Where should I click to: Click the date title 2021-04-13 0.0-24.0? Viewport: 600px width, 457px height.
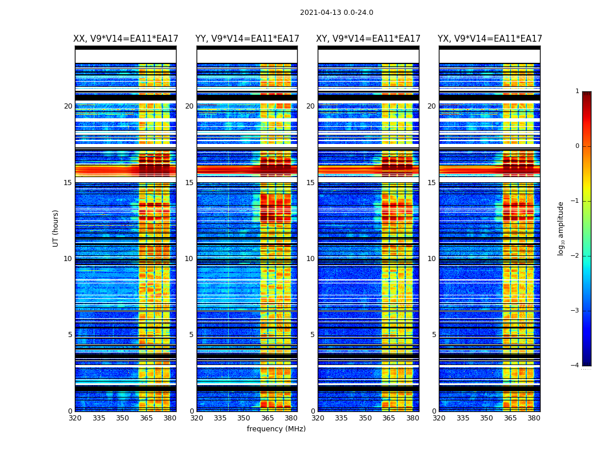pos(337,13)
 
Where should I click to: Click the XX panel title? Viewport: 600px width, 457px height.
pos(126,39)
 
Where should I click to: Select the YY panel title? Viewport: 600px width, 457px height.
pos(247,39)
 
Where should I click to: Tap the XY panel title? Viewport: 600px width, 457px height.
pos(369,39)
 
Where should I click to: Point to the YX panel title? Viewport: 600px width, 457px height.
pos(490,39)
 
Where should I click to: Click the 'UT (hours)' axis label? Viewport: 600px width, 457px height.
pos(55,228)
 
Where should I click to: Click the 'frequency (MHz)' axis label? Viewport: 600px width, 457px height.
pos(276,429)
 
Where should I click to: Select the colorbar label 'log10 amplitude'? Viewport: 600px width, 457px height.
pos(561,228)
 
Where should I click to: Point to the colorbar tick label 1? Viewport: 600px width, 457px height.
pos(577,91)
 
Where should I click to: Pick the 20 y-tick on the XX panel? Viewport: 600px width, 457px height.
pos(68,106)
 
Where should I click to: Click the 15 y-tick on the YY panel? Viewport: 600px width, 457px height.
pos(189,183)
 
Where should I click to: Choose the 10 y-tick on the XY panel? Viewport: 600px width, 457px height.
pos(310,259)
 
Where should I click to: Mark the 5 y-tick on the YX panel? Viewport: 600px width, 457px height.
pos(434,335)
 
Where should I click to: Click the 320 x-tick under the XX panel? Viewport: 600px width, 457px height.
pos(75,418)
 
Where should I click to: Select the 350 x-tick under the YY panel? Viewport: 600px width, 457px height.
pos(244,418)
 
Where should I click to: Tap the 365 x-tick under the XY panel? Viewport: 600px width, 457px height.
pos(389,418)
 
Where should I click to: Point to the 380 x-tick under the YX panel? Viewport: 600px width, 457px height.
pos(534,418)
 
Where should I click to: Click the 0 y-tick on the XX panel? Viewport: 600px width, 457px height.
pos(70,411)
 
